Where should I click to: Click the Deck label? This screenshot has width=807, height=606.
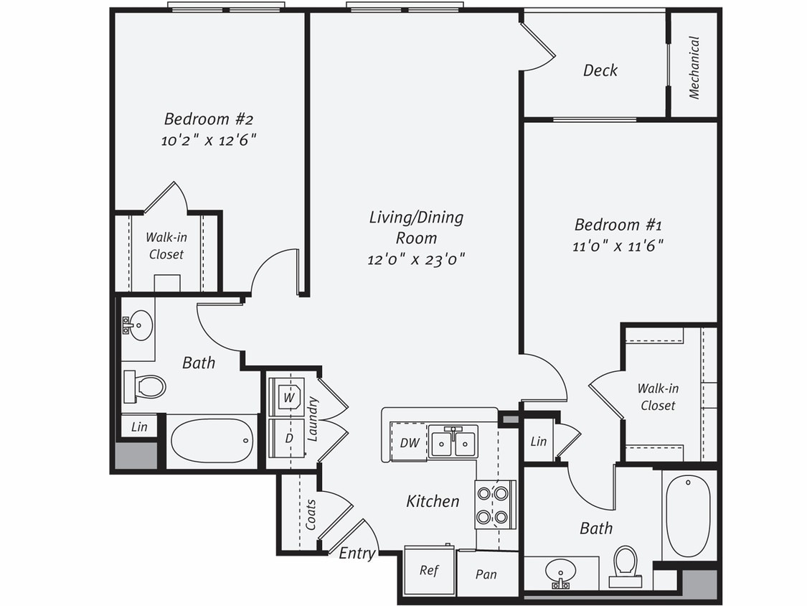click(x=600, y=70)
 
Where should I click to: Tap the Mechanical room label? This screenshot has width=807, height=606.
click(x=694, y=67)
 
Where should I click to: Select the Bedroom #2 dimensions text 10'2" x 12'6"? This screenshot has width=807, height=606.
click(x=208, y=140)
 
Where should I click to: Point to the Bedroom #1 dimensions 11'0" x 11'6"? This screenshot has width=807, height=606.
click(x=618, y=246)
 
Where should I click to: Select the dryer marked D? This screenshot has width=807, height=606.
click(x=288, y=437)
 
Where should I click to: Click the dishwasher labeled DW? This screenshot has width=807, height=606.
click(x=408, y=442)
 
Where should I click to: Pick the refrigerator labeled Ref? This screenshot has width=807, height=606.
click(x=429, y=570)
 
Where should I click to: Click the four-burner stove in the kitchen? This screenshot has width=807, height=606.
click(x=495, y=505)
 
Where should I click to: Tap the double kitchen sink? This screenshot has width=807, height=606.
click(x=453, y=442)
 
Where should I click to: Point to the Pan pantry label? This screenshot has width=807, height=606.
click(x=486, y=574)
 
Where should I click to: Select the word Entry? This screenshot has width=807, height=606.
click(x=357, y=553)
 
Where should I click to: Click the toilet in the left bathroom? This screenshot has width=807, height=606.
click(x=146, y=386)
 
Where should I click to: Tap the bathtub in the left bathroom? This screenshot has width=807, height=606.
click(x=212, y=441)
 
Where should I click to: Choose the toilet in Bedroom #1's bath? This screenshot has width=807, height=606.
click(x=625, y=564)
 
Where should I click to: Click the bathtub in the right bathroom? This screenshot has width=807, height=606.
click(x=688, y=515)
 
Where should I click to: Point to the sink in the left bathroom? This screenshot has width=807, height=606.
click(x=137, y=326)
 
